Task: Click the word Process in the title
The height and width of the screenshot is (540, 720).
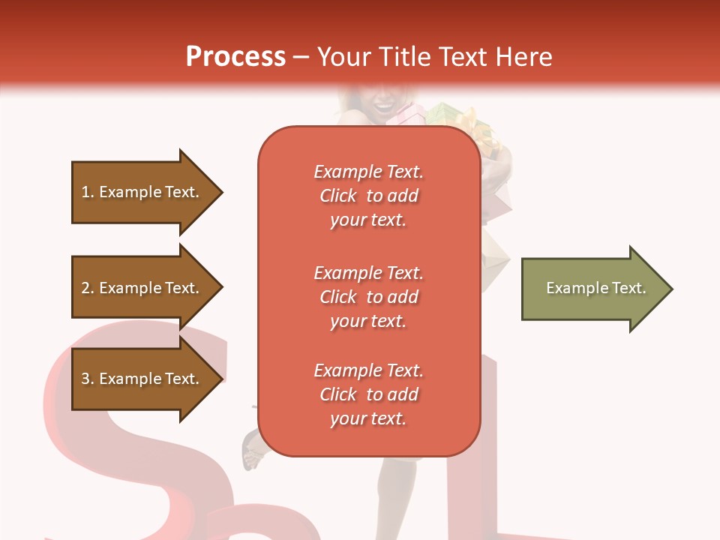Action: pyautogui.click(x=235, y=57)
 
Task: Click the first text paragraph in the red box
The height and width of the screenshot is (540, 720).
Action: pyautogui.click(x=368, y=196)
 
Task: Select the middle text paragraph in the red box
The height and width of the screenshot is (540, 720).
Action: pyautogui.click(x=368, y=297)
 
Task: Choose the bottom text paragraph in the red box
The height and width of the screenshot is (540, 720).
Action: pyautogui.click(x=368, y=394)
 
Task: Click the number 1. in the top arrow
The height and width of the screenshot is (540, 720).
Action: pyautogui.click(x=88, y=192)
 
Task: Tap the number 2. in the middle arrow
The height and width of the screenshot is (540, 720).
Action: pyautogui.click(x=88, y=288)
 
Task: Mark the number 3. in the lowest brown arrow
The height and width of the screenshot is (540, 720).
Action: pyautogui.click(x=88, y=379)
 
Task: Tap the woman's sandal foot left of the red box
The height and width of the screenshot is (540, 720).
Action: pyautogui.click(x=251, y=452)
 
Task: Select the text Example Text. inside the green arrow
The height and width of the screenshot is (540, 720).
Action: pyautogui.click(x=595, y=288)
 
